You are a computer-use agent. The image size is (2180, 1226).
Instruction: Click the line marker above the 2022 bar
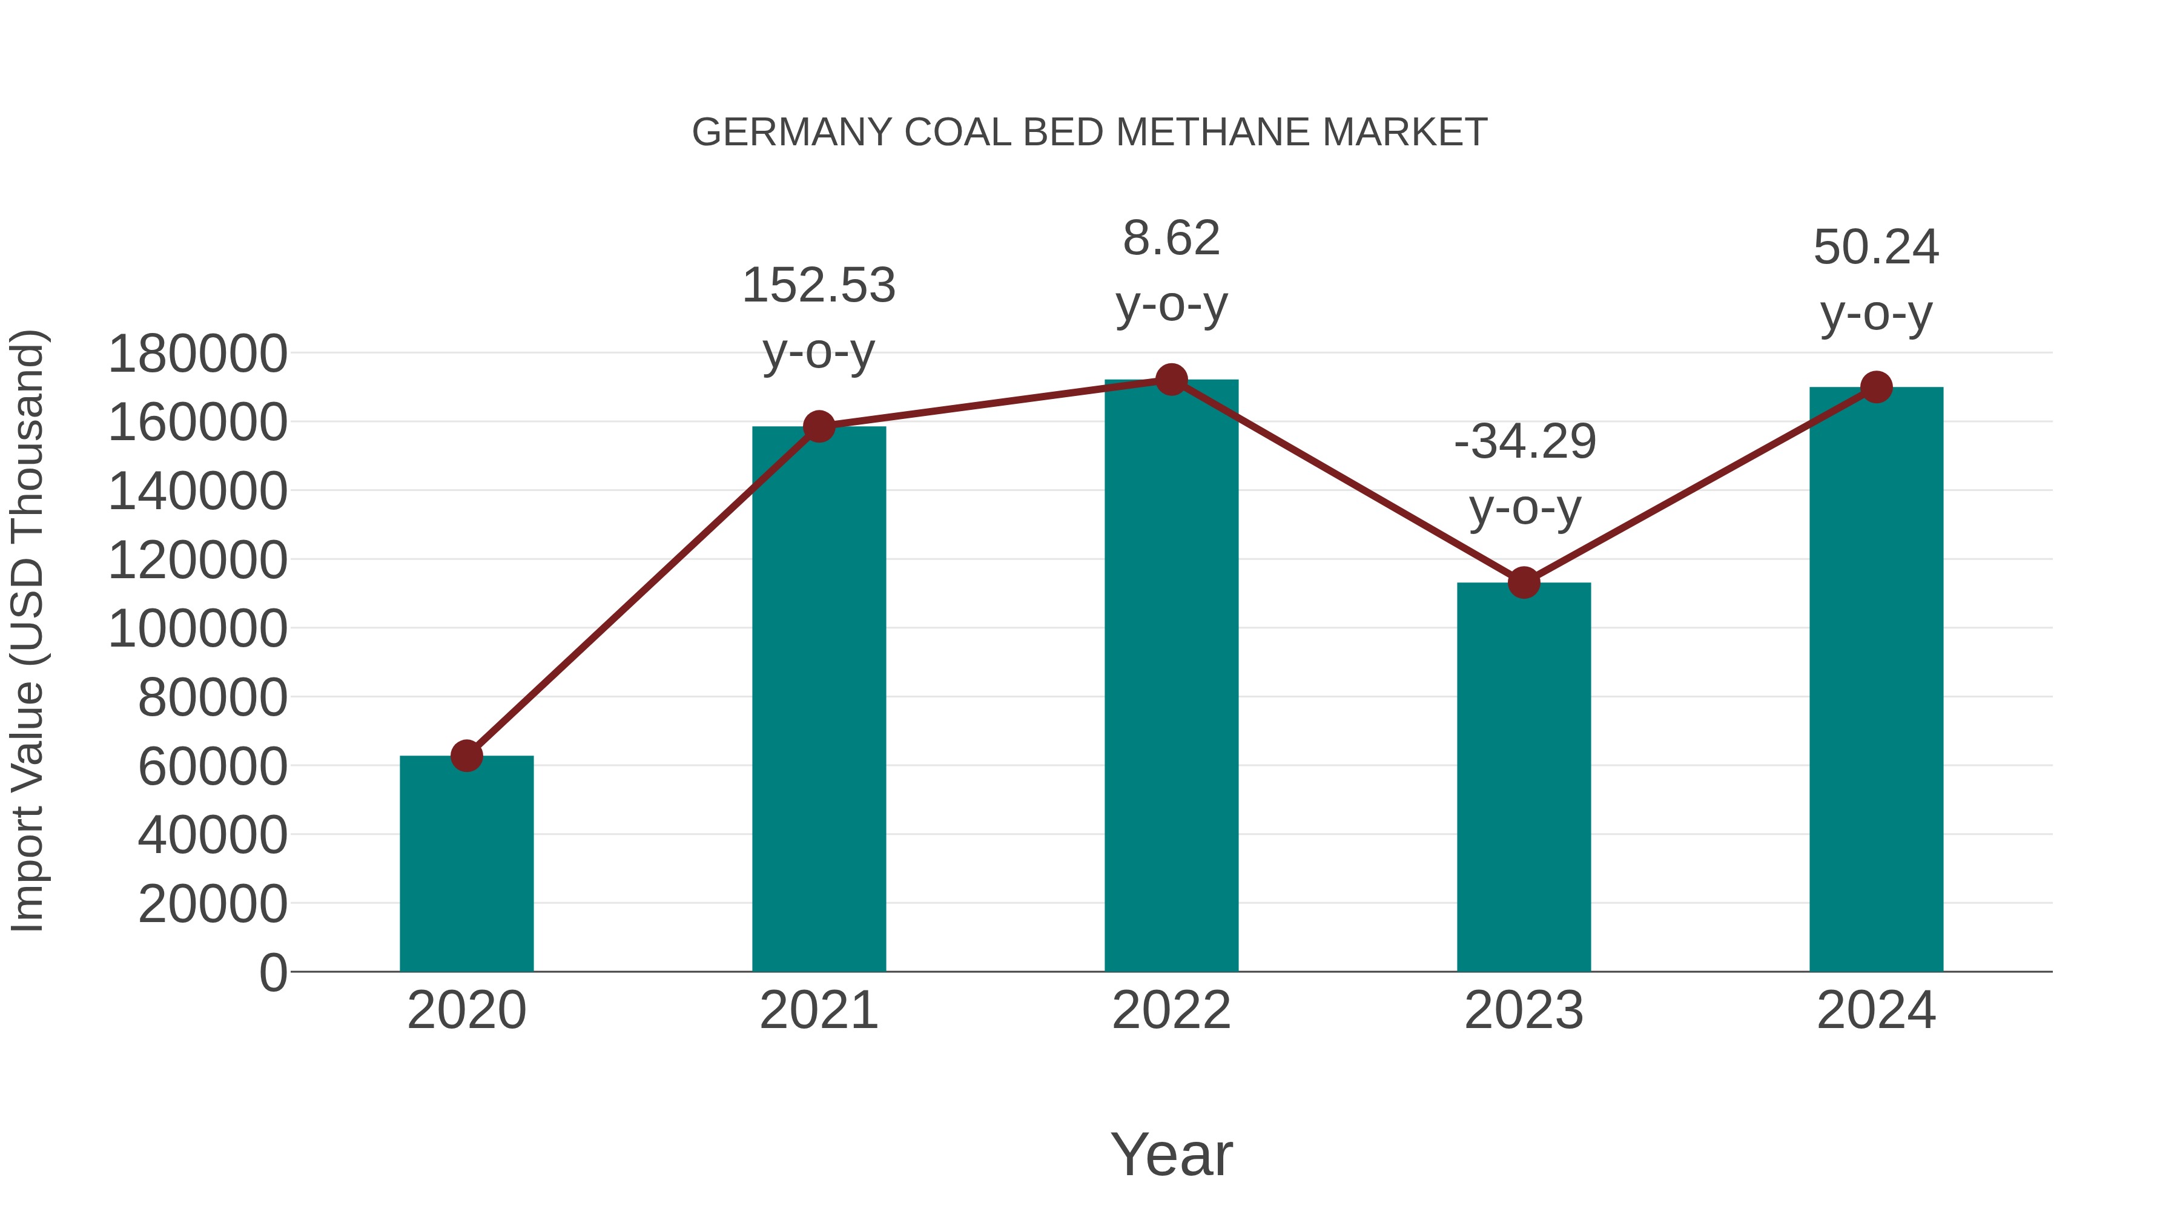pyautogui.click(x=1171, y=380)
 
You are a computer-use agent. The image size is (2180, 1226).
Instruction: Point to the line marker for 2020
pyautogui.click(x=466, y=756)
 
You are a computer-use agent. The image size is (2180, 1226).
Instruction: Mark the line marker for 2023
pyautogui.click(x=1524, y=583)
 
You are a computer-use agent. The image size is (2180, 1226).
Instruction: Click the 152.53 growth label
pyautogui.click(x=818, y=286)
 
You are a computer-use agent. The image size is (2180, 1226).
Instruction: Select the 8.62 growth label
pyautogui.click(x=1171, y=239)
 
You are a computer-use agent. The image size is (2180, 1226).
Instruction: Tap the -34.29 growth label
pyautogui.click(x=1524, y=443)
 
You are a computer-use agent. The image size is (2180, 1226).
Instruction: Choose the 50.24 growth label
pyautogui.click(x=1876, y=248)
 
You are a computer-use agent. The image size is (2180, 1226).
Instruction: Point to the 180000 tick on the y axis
pyautogui.click(x=197, y=354)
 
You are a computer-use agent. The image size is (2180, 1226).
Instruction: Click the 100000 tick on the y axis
pyautogui.click(x=197, y=630)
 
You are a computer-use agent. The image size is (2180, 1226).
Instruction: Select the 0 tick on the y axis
pyautogui.click(x=272, y=973)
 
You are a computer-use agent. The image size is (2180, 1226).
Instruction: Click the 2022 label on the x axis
pyautogui.click(x=1171, y=1010)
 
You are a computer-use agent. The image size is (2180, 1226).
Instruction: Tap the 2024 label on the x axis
pyautogui.click(x=1876, y=1010)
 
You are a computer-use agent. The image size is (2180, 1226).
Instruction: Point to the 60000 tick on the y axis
pyautogui.click(x=213, y=768)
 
